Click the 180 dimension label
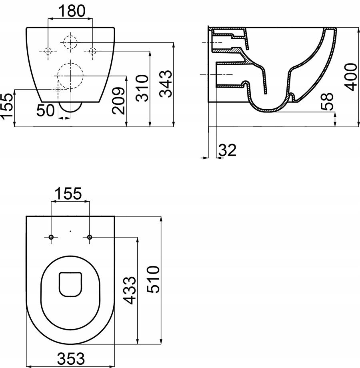72,11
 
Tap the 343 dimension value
166,84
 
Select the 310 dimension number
142,88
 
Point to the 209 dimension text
118,101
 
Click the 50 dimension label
46,110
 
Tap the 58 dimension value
327,101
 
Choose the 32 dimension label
228,150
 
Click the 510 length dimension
153,279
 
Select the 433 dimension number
130,290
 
